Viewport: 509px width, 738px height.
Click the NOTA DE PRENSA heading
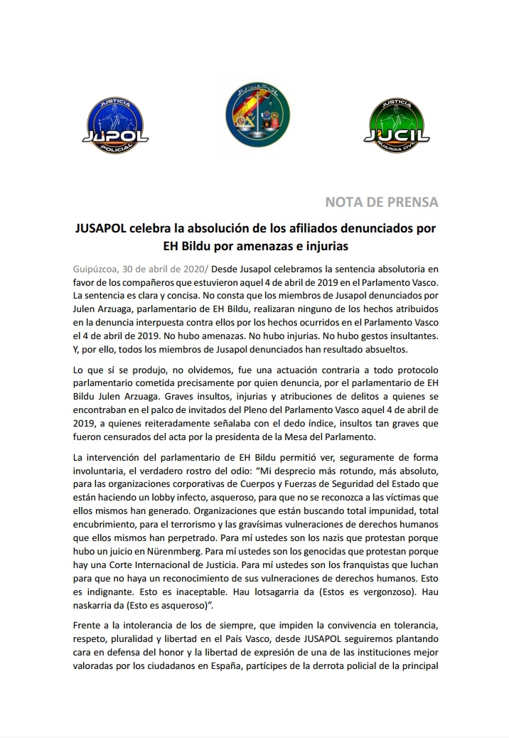[x=382, y=202]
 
